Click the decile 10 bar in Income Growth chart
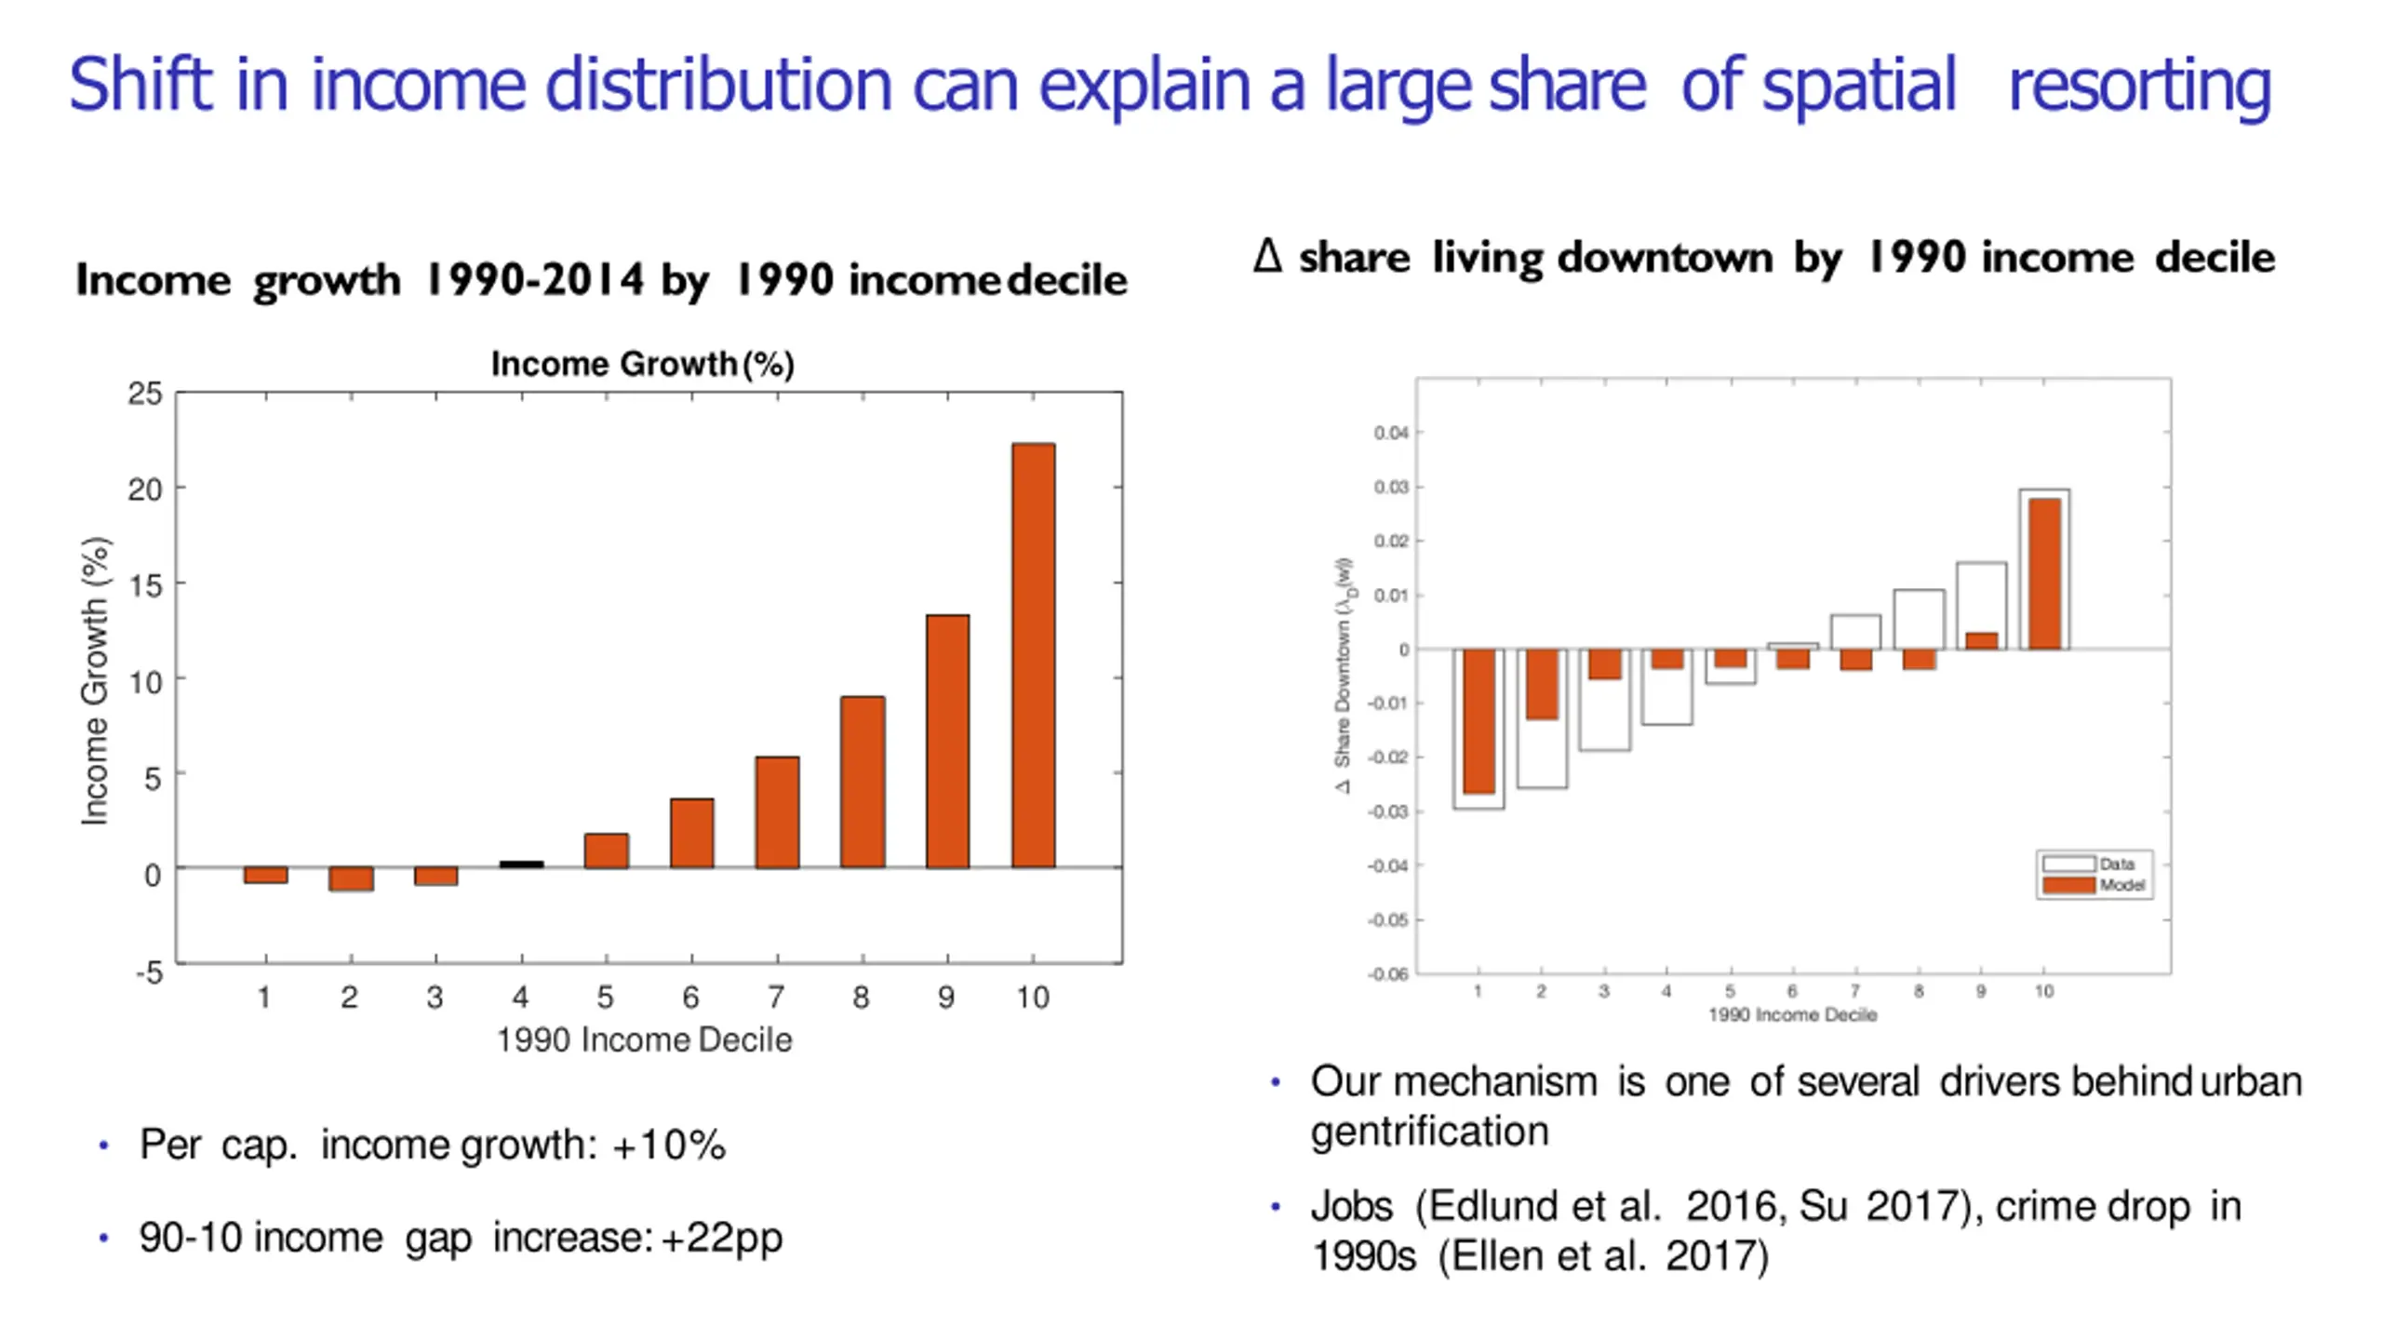[x=1033, y=656]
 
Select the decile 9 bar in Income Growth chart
[x=947, y=742]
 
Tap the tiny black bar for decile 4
[x=521, y=864]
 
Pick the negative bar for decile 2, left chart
[x=351, y=879]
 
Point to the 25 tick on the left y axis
[x=145, y=394]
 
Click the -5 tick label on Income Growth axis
[x=149, y=973]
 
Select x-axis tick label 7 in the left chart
[x=776, y=998]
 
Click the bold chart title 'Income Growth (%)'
[x=642, y=364]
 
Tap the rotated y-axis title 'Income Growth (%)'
[x=95, y=681]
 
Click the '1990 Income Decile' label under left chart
[x=644, y=1039]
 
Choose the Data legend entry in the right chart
[x=2094, y=864]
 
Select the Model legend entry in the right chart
[x=2094, y=885]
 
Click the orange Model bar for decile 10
[x=2044, y=573]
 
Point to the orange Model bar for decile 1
[x=1479, y=721]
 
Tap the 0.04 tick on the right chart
[x=1391, y=433]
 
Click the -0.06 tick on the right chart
[x=1388, y=974]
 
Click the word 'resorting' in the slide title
[x=2139, y=86]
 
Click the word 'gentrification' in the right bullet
[x=1429, y=1132]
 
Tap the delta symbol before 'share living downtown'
[x=1267, y=256]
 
